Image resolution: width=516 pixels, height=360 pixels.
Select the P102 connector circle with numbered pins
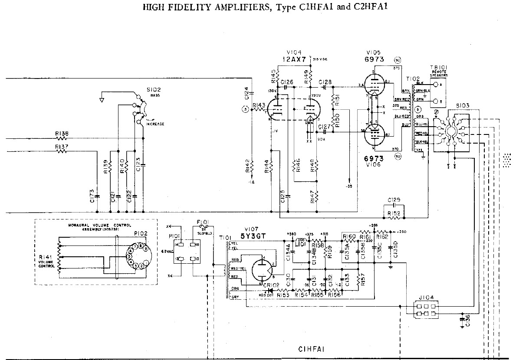click(x=136, y=256)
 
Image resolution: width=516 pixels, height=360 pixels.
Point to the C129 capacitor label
click(x=394, y=200)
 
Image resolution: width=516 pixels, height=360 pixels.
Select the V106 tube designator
click(x=374, y=165)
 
